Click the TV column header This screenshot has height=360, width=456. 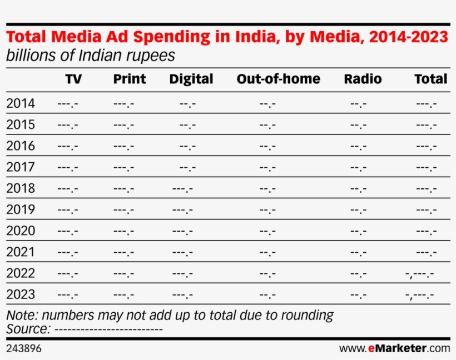(73, 79)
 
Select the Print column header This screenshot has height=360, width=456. (130, 79)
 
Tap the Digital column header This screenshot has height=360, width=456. (191, 79)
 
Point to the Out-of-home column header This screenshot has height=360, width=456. (278, 79)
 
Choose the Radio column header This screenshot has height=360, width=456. (363, 79)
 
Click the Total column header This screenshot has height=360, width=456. (430, 79)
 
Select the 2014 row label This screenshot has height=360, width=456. (21, 103)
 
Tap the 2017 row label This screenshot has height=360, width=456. (21, 167)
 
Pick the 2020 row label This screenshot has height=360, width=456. (21, 231)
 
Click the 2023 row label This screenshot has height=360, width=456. (21, 294)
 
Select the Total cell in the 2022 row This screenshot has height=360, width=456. (420, 273)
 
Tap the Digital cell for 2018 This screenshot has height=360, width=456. (182, 188)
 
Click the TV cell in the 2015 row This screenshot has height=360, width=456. (68, 125)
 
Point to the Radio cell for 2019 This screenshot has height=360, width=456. (358, 210)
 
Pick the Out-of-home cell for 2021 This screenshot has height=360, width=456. (267, 252)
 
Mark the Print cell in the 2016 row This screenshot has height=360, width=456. (123, 146)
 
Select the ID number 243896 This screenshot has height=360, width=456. (23, 348)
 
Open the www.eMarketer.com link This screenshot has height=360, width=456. (394, 348)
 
